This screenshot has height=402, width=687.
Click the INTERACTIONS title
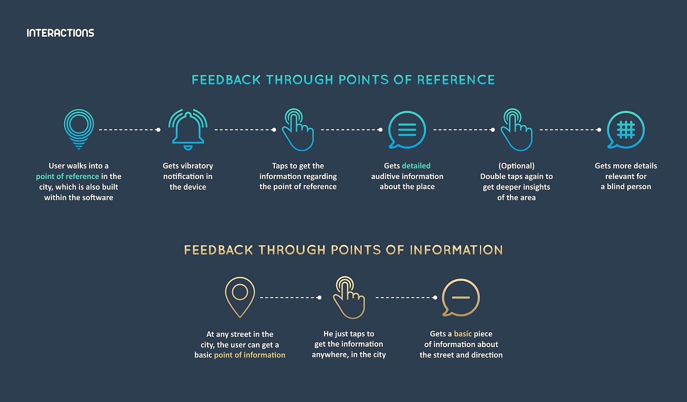tap(60, 33)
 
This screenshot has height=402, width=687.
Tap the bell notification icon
tap(187, 129)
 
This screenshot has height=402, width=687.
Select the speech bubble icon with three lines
tap(407, 129)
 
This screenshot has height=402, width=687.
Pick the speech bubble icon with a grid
tap(625, 129)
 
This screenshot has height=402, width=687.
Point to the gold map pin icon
tap(239, 296)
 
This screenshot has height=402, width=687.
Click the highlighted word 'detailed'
tap(416, 166)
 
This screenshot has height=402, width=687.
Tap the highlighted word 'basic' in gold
tap(463, 334)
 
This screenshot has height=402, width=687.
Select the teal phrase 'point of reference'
tap(67, 176)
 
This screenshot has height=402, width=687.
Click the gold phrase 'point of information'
tap(249, 355)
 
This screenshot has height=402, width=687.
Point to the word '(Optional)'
tap(516, 166)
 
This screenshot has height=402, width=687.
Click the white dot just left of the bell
tap(158, 130)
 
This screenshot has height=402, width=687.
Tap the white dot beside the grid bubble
tap(599, 130)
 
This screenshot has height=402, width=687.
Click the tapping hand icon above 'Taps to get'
tap(297, 129)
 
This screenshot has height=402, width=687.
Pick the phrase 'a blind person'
tap(626, 187)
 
